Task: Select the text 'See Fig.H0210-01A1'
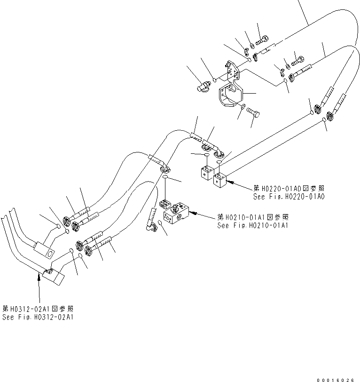click(253, 225)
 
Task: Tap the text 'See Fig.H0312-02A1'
click(38, 317)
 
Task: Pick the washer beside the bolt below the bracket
click(243, 109)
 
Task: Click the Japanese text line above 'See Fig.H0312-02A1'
click(38, 309)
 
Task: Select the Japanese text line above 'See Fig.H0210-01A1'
click(252, 217)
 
